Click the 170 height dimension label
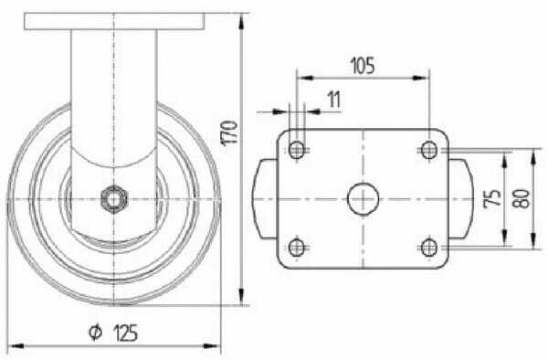pos(229,132)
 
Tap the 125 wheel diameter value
pos(126,333)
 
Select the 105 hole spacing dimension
pos(363,66)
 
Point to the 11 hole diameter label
pos(334,100)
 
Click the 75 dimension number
pos(492,198)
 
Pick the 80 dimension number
pos(522,198)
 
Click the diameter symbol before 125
pos(95,332)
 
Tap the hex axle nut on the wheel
pos(114,199)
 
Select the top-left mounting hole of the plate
pos(297,150)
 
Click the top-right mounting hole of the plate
pos(429,150)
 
